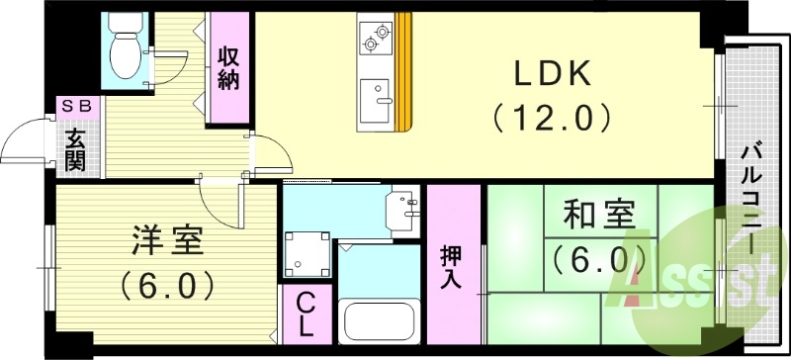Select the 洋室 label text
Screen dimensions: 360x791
click(x=167, y=240)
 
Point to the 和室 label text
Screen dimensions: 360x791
click(x=598, y=215)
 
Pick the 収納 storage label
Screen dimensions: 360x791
click(x=228, y=68)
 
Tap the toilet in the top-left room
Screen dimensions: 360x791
click(x=126, y=51)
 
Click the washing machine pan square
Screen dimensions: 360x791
click(x=307, y=253)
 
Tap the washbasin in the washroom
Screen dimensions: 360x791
click(x=405, y=208)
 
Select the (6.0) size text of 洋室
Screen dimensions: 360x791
click(x=167, y=286)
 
